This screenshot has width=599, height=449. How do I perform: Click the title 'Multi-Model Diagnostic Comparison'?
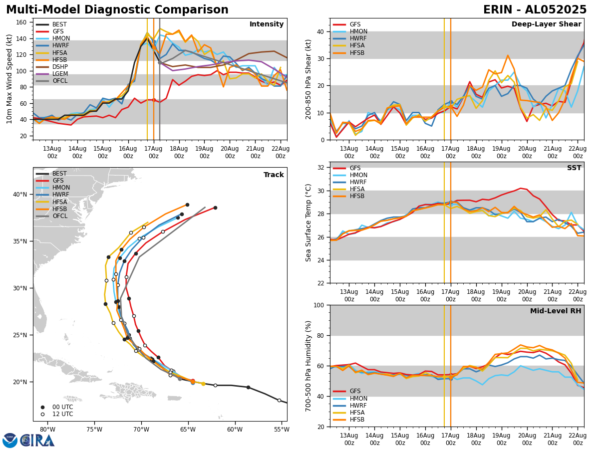tap(117, 10)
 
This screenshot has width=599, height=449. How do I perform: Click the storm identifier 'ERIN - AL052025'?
tap(535, 10)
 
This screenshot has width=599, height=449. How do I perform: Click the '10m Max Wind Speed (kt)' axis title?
tap(9, 79)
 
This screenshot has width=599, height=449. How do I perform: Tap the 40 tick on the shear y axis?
tap(321, 32)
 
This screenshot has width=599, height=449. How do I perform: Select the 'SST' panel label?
tap(574, 168)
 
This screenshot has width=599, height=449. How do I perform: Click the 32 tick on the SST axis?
tap(321, 168)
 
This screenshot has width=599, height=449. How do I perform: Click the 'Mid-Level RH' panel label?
tap(556, 311)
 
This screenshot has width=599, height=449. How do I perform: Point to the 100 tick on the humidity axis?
tap(319, 305)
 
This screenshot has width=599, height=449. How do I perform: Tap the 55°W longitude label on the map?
tap(282, 430)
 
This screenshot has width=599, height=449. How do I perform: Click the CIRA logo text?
tap(37, 441)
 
